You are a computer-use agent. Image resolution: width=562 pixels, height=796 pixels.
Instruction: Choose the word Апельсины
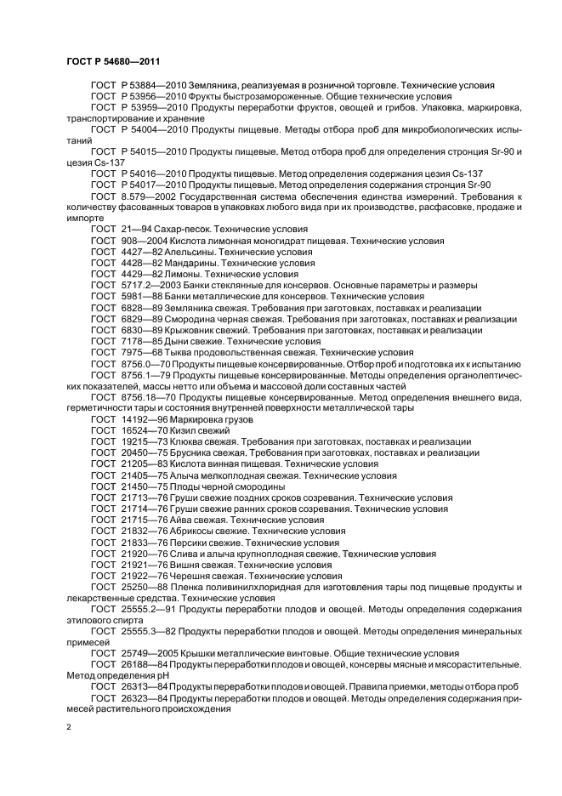(194, 253)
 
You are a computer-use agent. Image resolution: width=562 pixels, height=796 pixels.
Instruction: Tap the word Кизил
(187, 430)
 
